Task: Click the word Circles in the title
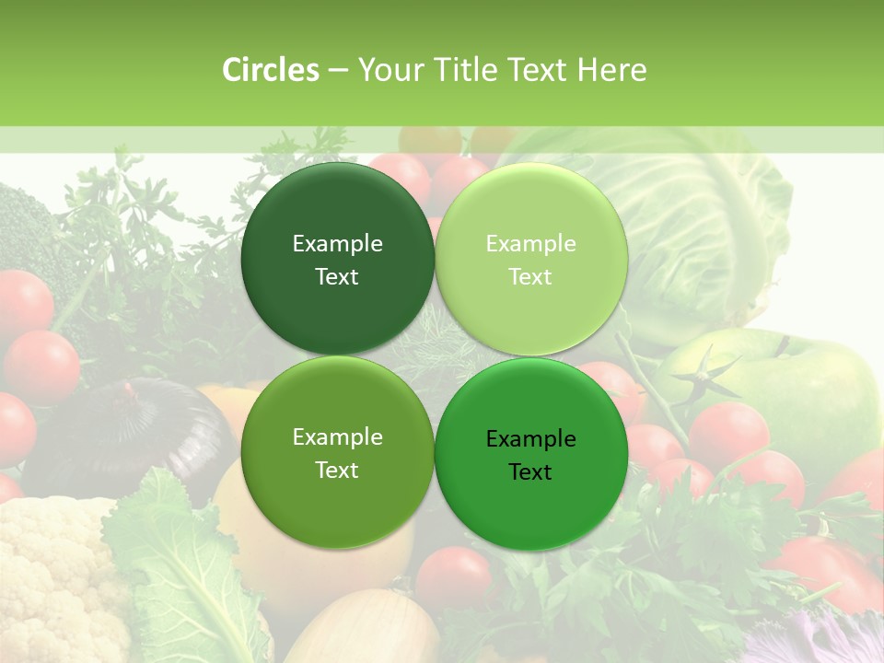[270, 70]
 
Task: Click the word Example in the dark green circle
[337, 244]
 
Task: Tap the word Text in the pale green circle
[530, 277]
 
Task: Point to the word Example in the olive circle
[337, 437]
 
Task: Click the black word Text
[530, 472]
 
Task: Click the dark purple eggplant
[138, 433]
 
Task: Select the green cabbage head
[700, 221]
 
